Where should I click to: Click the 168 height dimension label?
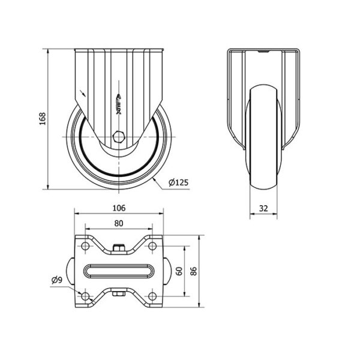(x=43, y=119)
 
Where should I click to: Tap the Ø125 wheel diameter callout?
(x=178, y=182)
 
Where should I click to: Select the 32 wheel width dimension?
(x=263, y=208)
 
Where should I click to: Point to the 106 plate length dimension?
(x=119, y=208)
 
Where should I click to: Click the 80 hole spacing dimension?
(x=119, y=223)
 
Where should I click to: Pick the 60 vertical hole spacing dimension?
(x=179, y=271)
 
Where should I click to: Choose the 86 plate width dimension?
(x=194, y=271)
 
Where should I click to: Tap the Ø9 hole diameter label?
(x=57, y=280)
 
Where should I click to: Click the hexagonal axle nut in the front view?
(x=119, y=137)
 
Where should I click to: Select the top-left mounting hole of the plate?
(x=85, y=246)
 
